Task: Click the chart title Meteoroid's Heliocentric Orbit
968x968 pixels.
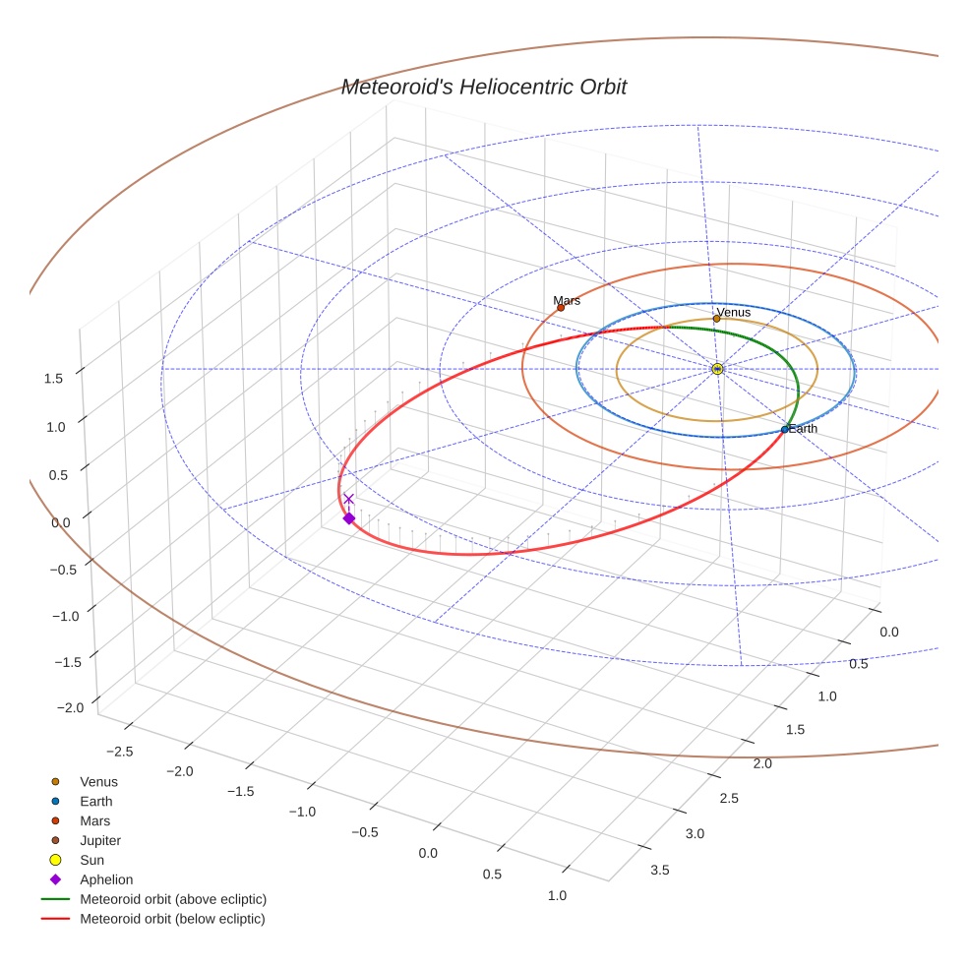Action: point(483,88)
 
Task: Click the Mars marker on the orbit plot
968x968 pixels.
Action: point(561,308)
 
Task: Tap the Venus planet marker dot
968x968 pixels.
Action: point(716,319)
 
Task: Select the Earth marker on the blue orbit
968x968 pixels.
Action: point(784,430)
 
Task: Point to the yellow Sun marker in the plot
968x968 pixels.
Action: point(717,369)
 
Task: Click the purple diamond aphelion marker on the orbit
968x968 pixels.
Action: point(348,518)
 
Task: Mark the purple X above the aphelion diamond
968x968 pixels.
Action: point(348,499)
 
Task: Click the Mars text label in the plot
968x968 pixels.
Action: point(567,301)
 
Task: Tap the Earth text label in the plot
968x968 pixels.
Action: point(803,429)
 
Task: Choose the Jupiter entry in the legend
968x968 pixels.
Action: point(100,840)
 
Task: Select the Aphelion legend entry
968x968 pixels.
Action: point(106,879)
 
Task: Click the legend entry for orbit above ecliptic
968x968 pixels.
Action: point(173,899)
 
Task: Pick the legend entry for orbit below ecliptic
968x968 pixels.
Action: point(172,919)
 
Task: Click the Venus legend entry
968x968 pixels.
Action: point(98,782)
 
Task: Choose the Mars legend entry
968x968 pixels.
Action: point(94,820)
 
